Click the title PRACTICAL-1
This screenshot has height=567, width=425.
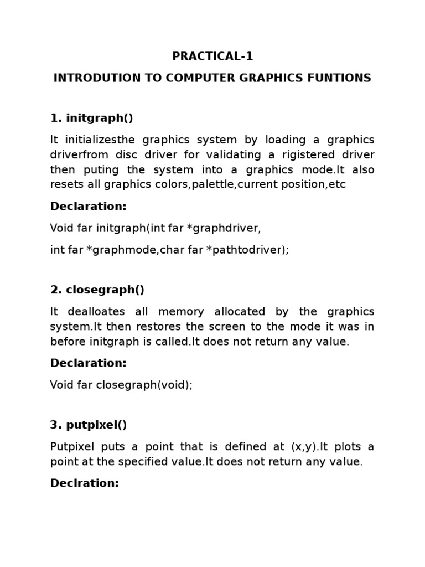(x=212, y=56)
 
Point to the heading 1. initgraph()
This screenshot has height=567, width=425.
(x=92, y=118)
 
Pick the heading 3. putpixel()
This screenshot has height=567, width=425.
(x=89, y=425)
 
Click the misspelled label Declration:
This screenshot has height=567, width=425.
(x=85, y=483)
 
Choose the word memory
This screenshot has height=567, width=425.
(x=179, y=312)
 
